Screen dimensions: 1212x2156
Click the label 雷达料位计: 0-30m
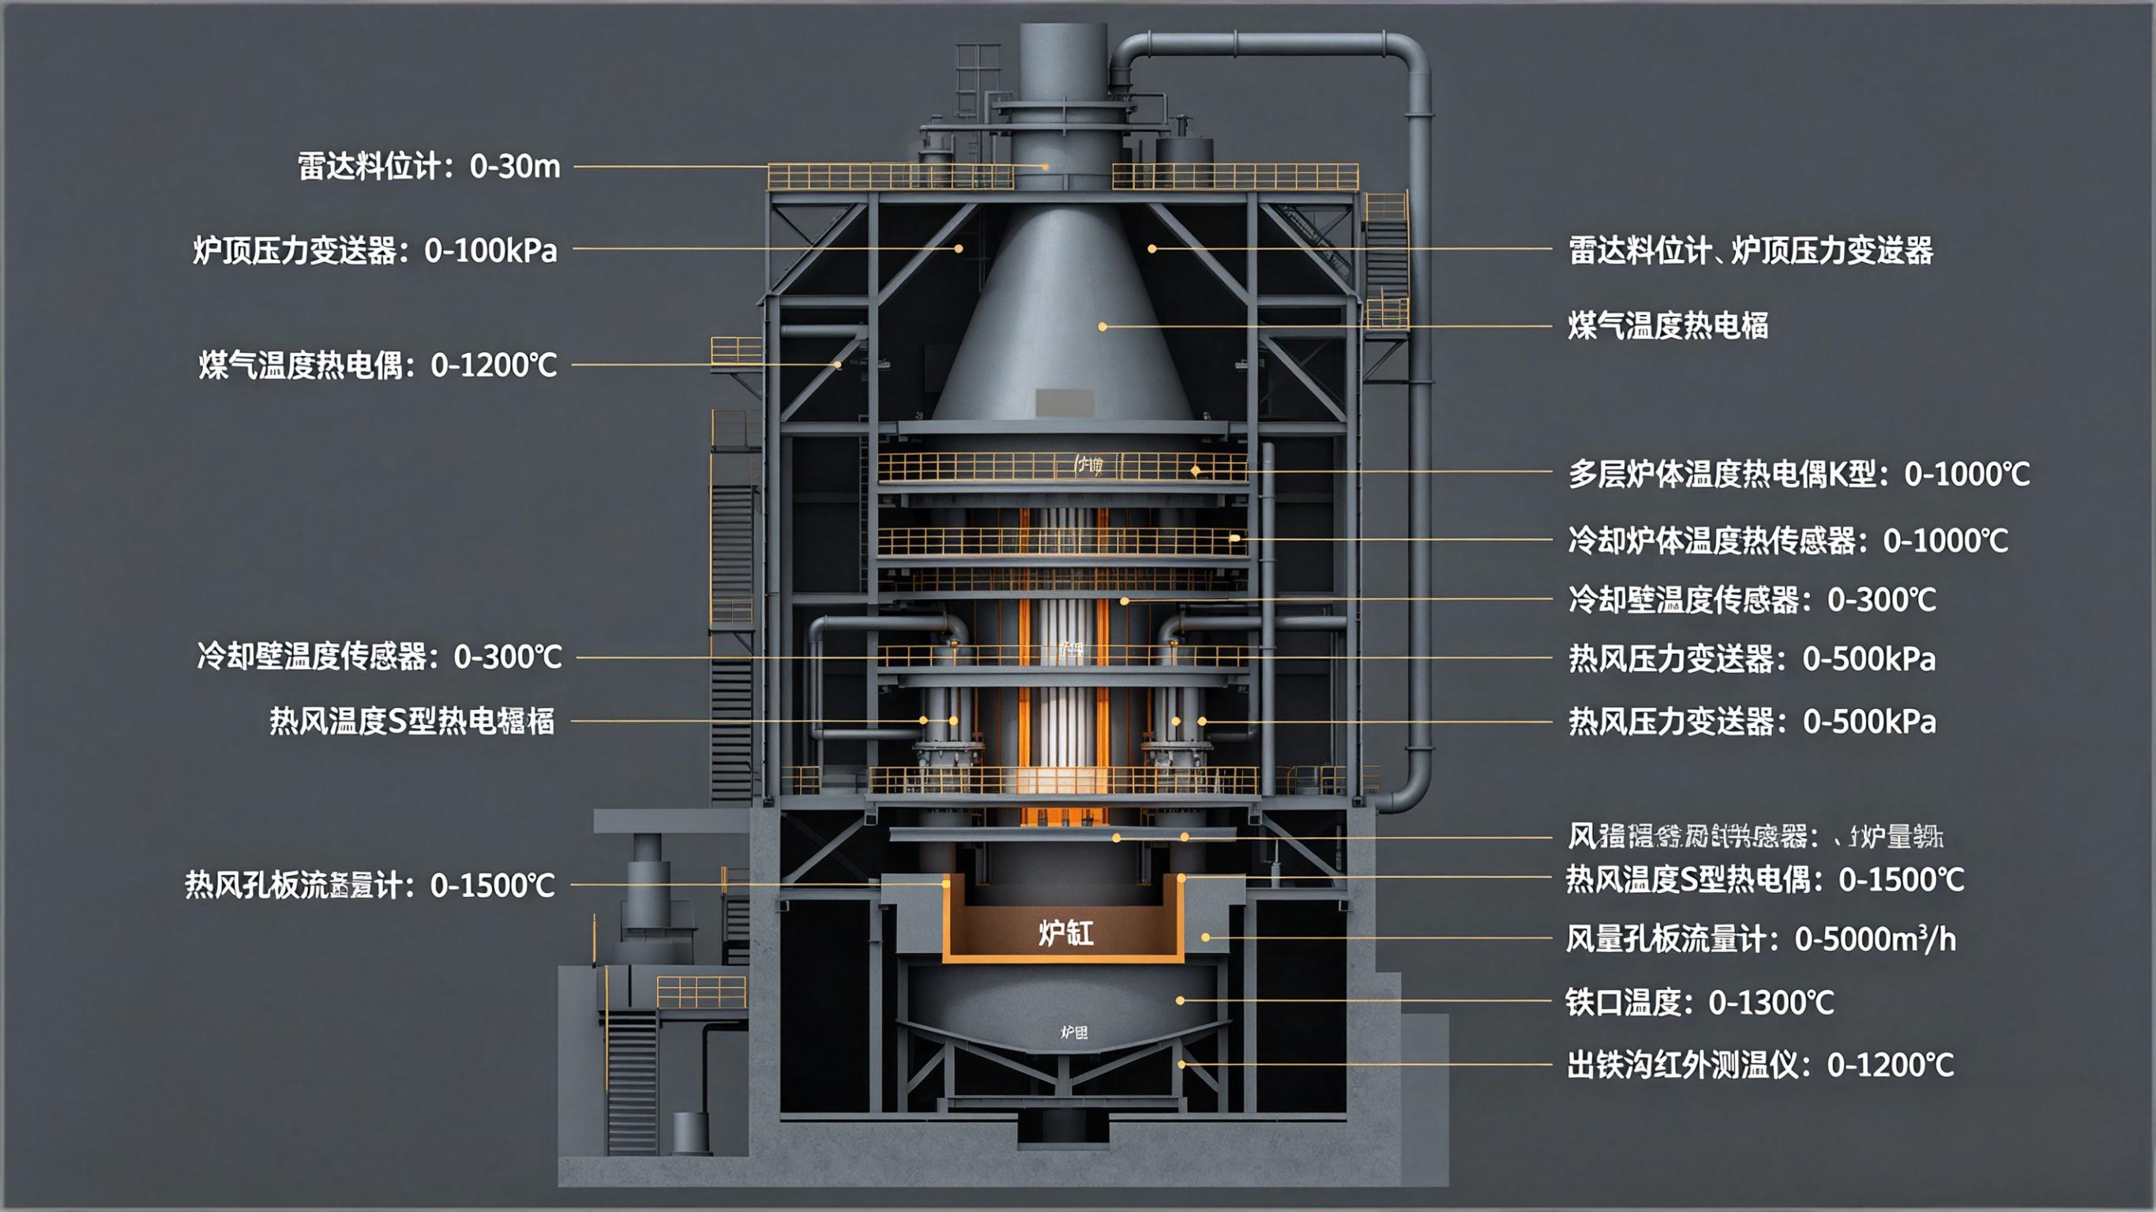point(429,167)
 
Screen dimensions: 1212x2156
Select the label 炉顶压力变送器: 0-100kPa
point(374,250)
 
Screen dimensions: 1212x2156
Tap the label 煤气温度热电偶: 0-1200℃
point(377,366)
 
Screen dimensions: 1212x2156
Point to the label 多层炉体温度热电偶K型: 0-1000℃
point(1798,475)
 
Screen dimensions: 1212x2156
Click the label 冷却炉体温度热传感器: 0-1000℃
point(1788,541)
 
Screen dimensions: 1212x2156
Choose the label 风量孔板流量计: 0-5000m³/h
point(1761,939)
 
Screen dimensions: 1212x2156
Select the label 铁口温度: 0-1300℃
point(1699,1002)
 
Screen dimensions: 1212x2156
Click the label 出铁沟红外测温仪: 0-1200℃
point(1760,1065)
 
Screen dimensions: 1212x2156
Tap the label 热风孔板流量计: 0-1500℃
point(369,885)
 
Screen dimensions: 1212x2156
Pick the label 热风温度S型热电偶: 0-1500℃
point(1764,880)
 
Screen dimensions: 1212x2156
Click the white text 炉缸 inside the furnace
point(1065,932)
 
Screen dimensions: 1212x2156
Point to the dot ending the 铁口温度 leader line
point(1180,1000)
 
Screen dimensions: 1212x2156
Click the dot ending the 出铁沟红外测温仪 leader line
point(1181,1064)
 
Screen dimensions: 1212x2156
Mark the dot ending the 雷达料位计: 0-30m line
point(1045,167)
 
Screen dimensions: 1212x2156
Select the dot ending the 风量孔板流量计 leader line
point(1205,937)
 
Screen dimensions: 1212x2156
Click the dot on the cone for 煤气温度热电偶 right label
point(1102,326)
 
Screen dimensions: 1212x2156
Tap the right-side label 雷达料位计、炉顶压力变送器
point(1750,250)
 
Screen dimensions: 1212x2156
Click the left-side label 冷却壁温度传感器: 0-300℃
point(379,657)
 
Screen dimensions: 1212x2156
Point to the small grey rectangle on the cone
point(1064,403)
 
